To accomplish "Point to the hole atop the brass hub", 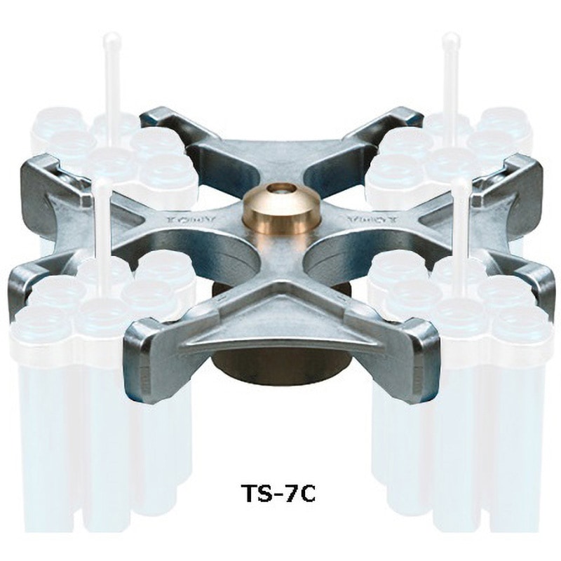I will click(x=281, y=190).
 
